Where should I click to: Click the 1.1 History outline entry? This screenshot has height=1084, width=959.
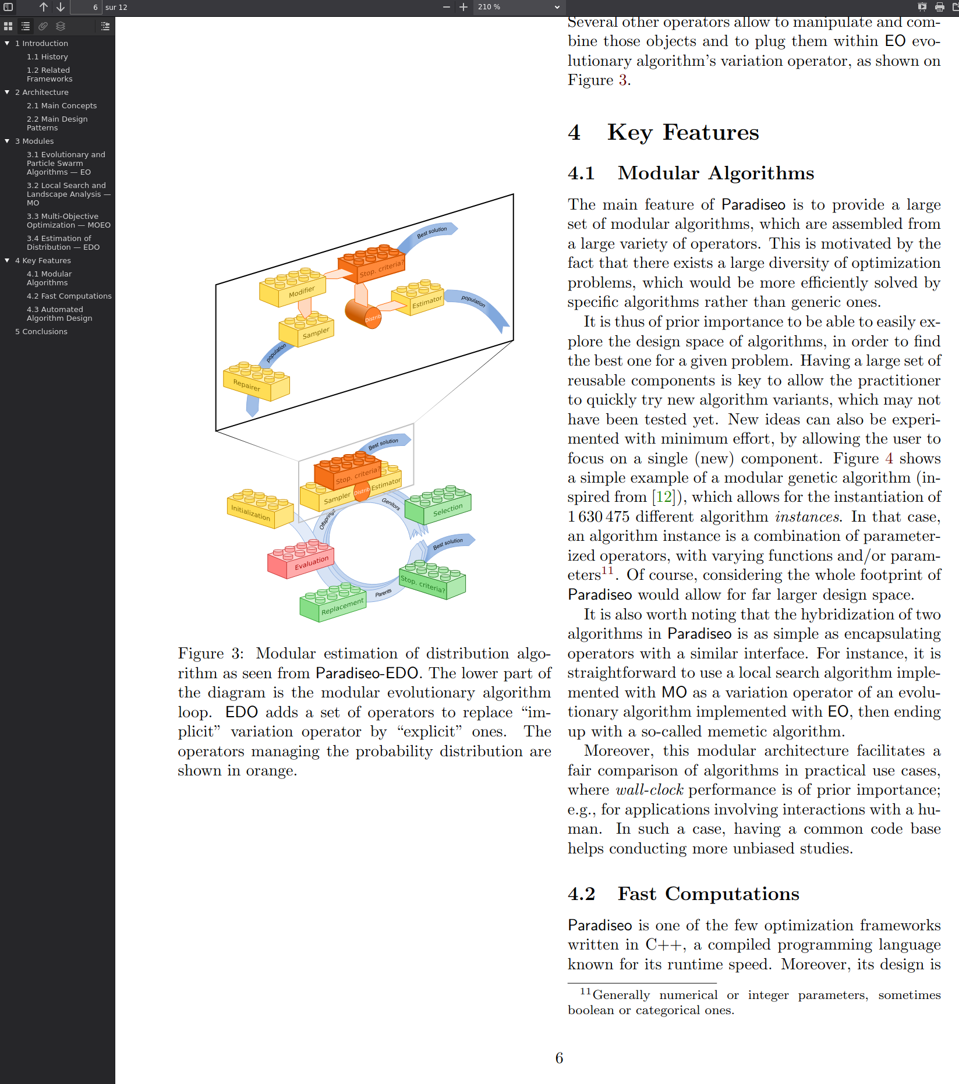(x=47, y=57)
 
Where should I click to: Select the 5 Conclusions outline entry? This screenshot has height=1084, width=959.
(x=41, y=332)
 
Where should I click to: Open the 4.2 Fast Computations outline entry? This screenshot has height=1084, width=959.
(x=69, y=296)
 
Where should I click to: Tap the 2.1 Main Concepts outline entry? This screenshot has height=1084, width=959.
(x=62, y=106)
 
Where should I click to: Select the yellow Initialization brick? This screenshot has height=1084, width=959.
(x=259, y=509)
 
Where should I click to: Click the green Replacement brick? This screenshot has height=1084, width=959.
(x=333, y=604)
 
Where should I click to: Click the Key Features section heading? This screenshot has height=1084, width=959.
(x=683, y=133)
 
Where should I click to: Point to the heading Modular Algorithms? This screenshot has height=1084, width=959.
(x=716, y=173)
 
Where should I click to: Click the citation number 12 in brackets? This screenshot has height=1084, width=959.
(x=664, y=497)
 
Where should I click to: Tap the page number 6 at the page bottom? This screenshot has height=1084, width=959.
(x=559, y=1058)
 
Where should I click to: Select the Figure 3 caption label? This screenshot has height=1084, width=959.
(x=210, y=654)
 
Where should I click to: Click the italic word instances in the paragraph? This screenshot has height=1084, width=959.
(x=807, y=517)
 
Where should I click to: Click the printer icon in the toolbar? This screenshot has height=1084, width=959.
(x=939, y=7)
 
